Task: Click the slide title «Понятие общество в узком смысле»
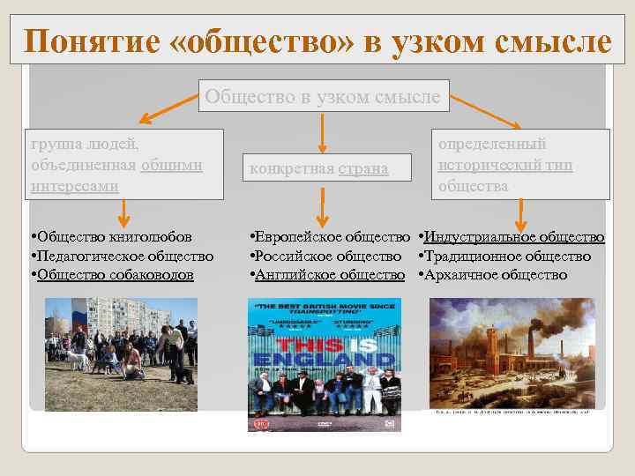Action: point(317,41)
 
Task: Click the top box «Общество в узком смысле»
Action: point(322,96)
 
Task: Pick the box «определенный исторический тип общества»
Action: point(520,164)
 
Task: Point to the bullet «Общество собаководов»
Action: point(116,275)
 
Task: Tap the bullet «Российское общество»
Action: point(329,257)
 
